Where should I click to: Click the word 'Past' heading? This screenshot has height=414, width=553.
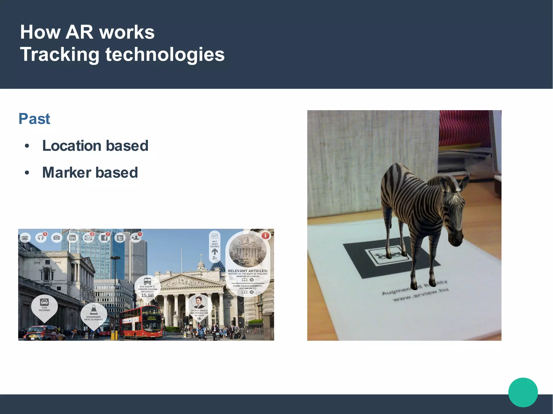coord(34,119)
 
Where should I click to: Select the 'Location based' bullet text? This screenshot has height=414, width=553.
coord(95,146)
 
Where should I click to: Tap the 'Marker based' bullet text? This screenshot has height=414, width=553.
coord(90,173)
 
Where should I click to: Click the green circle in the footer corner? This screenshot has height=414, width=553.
coord(523,392)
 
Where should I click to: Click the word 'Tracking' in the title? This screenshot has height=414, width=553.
coord(60,54)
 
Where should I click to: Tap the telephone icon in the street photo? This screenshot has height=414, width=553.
coord(25,238)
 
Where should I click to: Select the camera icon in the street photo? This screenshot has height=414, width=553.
coord(57,238)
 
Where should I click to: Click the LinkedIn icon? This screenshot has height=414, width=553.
coord(72,238)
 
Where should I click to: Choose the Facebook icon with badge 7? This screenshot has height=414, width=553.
coord(104,238)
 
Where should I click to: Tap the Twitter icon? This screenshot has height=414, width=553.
coord(120,238)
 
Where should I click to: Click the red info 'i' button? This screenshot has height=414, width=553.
coord(265,236)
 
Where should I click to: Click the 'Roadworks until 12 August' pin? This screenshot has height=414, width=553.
coord(93,314)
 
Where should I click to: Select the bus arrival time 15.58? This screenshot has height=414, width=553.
coord(147,295)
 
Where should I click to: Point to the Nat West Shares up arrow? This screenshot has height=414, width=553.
coord(215,252)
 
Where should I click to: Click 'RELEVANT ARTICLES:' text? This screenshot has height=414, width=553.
coord(248,271)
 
